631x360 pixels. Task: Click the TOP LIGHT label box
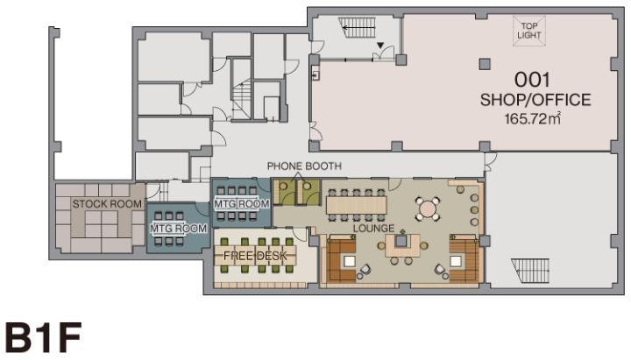tap(528, 31)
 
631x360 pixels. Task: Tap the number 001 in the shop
tap(532, 80)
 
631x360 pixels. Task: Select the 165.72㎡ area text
tap(533, 118)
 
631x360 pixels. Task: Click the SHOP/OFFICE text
tap(535, 100)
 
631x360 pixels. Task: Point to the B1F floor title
tap(44, 337)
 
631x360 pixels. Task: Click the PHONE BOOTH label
tap(304, 166)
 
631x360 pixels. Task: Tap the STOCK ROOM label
tap(107, 203)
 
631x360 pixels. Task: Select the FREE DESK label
tap(255, 256)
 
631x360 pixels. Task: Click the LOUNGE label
tap(373, 229)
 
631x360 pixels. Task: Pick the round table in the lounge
tap(428, 208)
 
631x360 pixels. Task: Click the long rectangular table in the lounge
tap(356, 205)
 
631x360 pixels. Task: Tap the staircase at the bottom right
tap(530, 271)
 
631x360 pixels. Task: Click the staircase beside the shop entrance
tap(357, 27)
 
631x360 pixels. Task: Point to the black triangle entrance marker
tap(380, 46)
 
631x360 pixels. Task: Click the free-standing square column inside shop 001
tap(485, 64)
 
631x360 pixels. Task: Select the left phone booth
tap(284, 192)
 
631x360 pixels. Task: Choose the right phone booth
tap(308, 192)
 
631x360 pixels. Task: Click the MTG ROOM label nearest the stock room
tap(178, 229)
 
